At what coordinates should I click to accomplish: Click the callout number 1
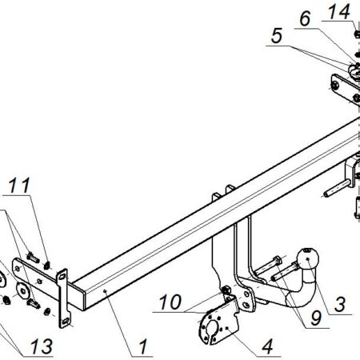[x=143, y=346]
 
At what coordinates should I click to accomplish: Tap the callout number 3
[x=340, y=305]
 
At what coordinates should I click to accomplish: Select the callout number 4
[x=267, y=346]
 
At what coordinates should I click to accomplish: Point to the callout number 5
[x=277, y=36]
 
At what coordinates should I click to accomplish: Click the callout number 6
[x=305, y=18]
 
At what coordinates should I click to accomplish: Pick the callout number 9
[x=315, y=318]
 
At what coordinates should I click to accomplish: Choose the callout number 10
[x=170, y=302]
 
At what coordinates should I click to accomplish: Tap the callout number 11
[x=19, y=186]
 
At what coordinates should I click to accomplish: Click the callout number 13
[x=42, y=346]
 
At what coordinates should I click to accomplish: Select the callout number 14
[x=339, y=11]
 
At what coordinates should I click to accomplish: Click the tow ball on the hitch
[x=307, y=258]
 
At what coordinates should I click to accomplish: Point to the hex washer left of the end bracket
[x=23, y=290]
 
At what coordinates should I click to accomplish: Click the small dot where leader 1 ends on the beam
[x=105, y=291]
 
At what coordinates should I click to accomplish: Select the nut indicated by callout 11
[x=47, y=265]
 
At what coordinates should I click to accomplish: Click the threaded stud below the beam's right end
[x=336, y=189]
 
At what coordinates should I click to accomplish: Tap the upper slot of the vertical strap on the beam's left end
[x=62, y=277]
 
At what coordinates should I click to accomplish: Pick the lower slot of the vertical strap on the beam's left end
[x=66, y=321]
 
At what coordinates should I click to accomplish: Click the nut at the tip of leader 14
[x=357, y=34]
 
